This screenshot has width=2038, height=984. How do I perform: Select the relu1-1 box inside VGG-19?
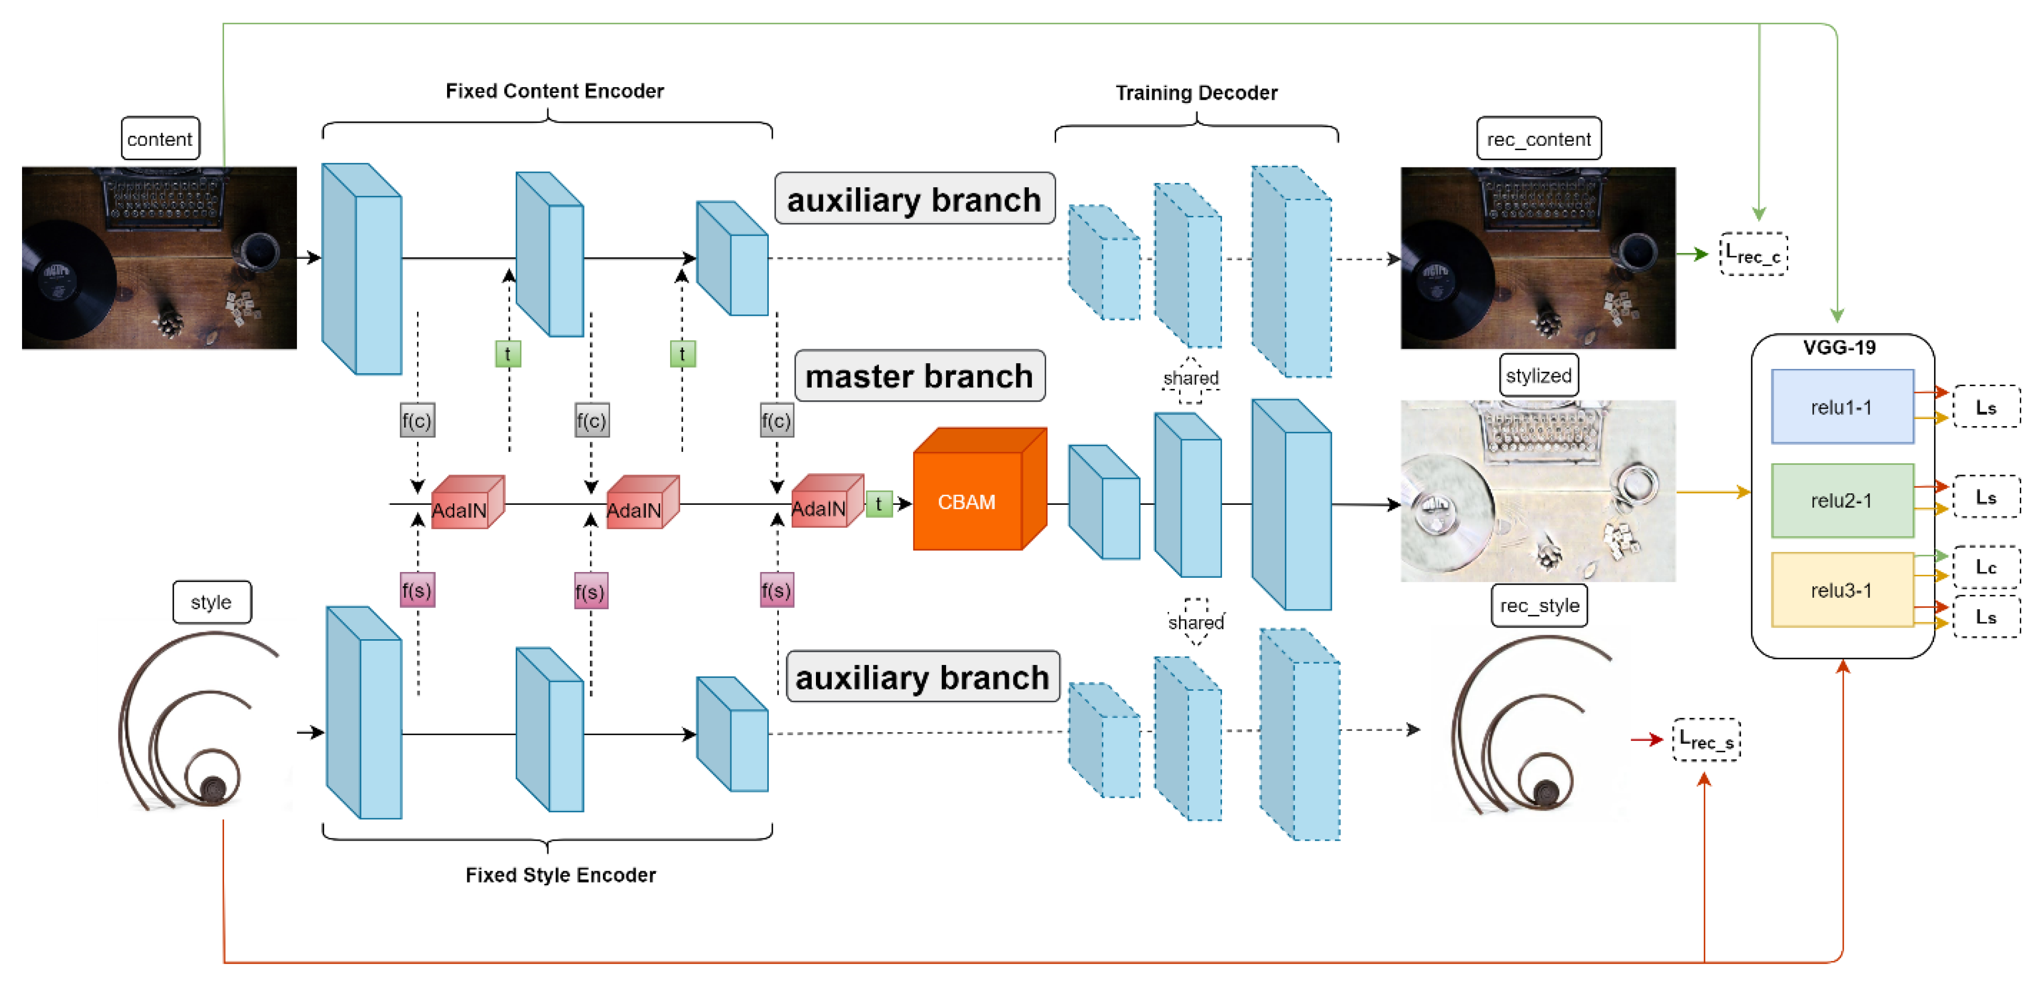(x=1841, y=407)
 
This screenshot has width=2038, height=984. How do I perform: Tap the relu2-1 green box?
(x=1841, y=500)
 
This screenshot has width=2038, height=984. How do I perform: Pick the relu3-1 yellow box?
(x=1841, y=590)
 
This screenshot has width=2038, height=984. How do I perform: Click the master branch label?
(x=919, y=376)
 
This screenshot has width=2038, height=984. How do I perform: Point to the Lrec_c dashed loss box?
(x=1753, y=254)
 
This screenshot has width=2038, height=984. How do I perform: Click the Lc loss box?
(x=1985, y=566)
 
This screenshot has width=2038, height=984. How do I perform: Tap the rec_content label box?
(x=1538, y=139)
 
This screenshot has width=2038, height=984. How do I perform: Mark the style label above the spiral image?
(x=211, y=602)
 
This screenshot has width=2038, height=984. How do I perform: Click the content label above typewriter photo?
(x=160, y=139)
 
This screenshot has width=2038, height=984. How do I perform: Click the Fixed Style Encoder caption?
(x=560, y=875)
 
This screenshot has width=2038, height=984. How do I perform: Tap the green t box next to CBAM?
(x=878, y=504)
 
